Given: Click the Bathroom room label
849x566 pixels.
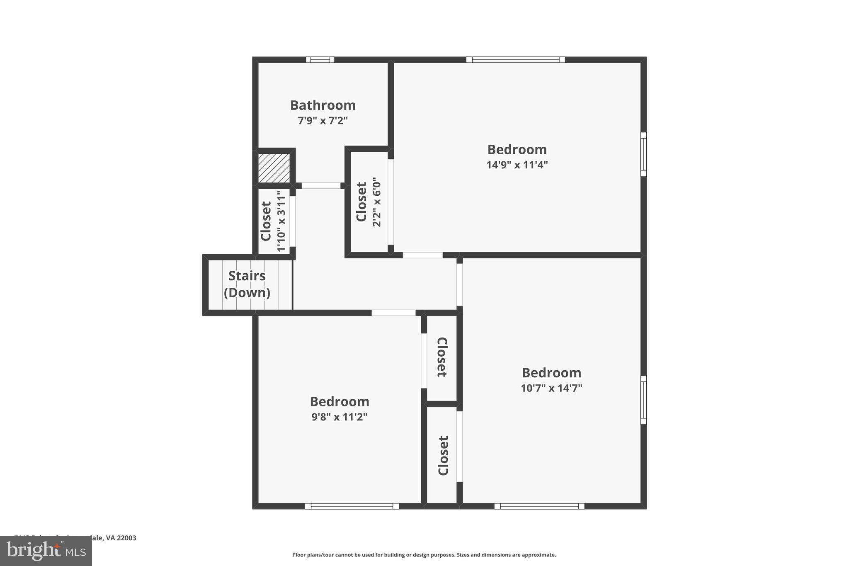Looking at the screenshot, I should coord(323,105).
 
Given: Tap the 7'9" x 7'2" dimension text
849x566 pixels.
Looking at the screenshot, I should coord(323,121).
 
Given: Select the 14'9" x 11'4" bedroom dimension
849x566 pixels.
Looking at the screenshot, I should coord(517,165).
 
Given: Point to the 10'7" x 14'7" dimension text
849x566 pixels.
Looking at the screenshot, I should coord(551,388).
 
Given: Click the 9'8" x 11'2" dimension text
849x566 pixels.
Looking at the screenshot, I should coord(340,417).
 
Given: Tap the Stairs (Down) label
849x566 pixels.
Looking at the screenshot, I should coord(247,284).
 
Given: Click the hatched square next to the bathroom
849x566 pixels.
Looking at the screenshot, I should coord(274,168).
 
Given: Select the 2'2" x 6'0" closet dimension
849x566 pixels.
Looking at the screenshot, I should coord(376,202).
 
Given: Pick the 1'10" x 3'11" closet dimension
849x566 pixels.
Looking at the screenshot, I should coord(281,221).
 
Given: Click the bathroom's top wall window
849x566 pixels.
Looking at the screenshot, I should coord(320,60).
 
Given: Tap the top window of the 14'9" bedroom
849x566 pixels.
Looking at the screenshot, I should coord(515,60).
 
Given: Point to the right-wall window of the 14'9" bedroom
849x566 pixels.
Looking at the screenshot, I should coord(643,154).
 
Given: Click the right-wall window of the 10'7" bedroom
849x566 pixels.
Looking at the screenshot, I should coord(643,400).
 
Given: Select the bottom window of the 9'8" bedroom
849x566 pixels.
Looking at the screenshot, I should coord(352,506).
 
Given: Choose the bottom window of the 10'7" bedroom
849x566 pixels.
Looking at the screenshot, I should coord(539,506).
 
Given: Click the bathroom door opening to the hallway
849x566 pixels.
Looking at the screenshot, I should coord(321,186).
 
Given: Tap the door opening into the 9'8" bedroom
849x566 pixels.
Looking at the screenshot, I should coord(393,313).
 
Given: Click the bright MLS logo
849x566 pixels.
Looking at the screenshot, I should coord(46,551).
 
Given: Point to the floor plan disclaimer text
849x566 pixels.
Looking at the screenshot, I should coord(424,555).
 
